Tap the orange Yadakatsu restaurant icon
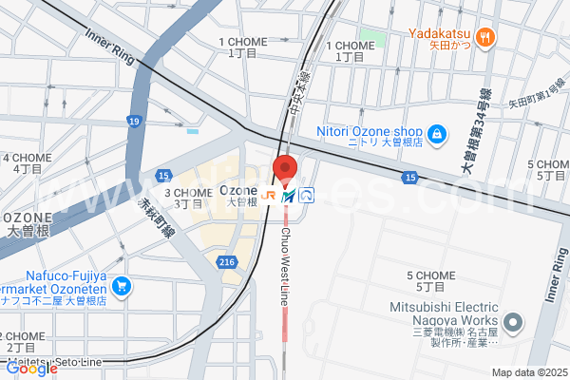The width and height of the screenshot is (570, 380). (x=485, y=37)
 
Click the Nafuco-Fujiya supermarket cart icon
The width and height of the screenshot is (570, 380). (x=121, y=285)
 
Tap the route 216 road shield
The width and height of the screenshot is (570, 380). (x=226, y=261)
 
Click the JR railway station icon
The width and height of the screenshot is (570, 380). (x=272, y=196)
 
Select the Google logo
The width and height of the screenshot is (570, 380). (x=30, y=370)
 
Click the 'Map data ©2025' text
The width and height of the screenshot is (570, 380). (x=528, y=372)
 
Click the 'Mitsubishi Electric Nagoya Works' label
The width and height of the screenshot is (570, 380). (x=444, y=313)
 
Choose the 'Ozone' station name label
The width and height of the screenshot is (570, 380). (x=238, y=188)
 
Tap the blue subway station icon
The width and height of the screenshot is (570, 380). (x=307, y=196)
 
